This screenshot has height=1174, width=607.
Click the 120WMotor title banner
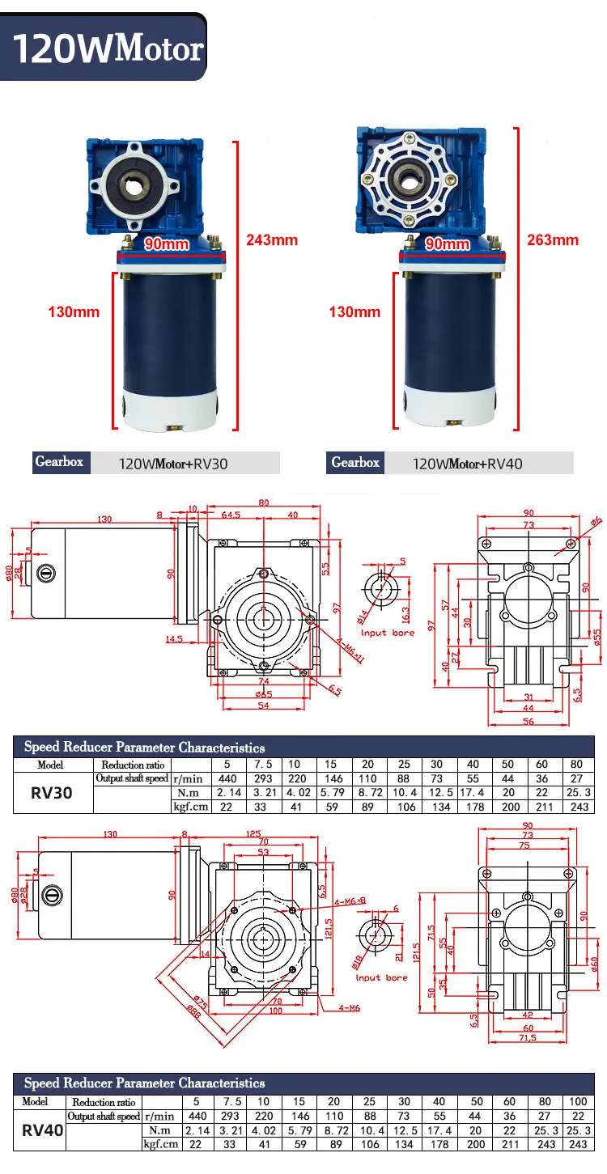pyautogui.click(x=105, y=48)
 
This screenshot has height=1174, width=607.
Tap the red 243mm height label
pyautogui.click(x=271, y=239)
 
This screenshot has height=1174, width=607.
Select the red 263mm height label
pyautogui.click(x=552, y=239)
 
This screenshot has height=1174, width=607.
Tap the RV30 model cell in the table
pyautogui.click(x=51, y=793)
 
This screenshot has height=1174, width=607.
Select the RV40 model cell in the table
pyautogui.click(x=43, y=1129)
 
